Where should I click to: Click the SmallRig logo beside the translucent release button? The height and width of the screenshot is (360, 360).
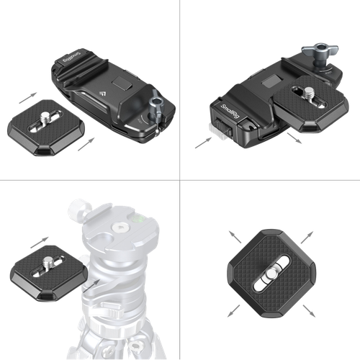pyautogui.click(x=230, y=112)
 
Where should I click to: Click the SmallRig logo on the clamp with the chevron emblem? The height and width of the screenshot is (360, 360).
pyautogui.click(x=71, y=57)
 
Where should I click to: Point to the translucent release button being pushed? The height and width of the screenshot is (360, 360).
pyautogui.click(x=217, y=132)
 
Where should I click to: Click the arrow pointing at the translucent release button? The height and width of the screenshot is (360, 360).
pyautogui.click(x=203, y=143)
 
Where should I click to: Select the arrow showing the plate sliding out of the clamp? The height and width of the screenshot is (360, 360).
pyautogui.click(x=294, y=138)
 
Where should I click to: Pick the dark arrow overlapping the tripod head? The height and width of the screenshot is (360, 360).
pyautogui.click(x=91, y=286)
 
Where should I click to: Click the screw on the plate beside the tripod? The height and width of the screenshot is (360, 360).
pyautogui.click(x=48, y=262)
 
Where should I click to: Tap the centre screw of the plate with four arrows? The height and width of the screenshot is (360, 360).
pyautogui.click(x=271, y=274)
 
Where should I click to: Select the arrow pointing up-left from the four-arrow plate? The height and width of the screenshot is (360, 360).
pyautogui.click(x=235, y=237)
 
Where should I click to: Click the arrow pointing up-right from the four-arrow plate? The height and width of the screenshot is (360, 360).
pyautogui.click(x=307, y=238)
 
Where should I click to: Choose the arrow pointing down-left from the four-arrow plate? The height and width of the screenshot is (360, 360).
pyautogui.click(x=234, y=311)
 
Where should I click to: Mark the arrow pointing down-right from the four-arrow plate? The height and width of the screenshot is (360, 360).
pyautogui.click(x=309, y=311)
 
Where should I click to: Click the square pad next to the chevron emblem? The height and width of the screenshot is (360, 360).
pyautogui.click(x=122, y=83)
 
